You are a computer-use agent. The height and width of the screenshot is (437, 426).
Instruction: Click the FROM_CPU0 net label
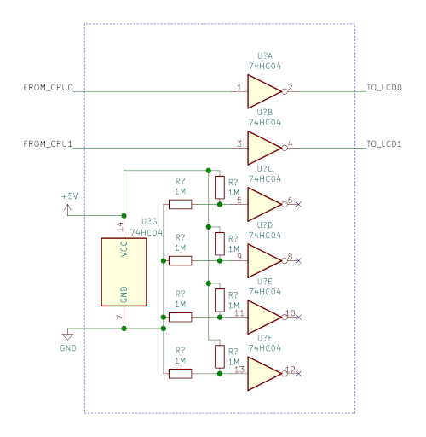(48, 87)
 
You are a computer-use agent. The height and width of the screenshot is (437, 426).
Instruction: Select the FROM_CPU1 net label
(48, 143)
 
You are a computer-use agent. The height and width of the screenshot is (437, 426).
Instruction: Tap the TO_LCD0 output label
(384, 87)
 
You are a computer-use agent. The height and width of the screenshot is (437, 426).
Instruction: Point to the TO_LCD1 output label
(384, 143)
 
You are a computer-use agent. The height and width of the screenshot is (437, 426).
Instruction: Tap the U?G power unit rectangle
(124, 272)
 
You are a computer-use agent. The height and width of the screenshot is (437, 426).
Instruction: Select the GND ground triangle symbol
(67, 336)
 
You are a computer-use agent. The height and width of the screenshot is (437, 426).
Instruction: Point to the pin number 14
(120, 226)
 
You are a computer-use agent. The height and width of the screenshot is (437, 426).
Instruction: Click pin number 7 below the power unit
(120, 317)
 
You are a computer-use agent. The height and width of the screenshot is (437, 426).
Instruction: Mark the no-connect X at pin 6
(298, 204)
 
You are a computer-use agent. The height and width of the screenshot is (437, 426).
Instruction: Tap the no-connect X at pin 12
(298, 374)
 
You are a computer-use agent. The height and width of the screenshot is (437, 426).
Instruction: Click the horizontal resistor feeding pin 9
(180, 260)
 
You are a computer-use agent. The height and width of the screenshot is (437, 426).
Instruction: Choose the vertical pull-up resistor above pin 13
(220, 357)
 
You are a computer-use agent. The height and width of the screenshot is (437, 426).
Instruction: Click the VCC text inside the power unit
(124, 249)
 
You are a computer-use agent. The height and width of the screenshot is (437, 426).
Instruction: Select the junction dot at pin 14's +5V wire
(124, 215)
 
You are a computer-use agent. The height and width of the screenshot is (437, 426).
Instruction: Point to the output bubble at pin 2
(285, 91)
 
